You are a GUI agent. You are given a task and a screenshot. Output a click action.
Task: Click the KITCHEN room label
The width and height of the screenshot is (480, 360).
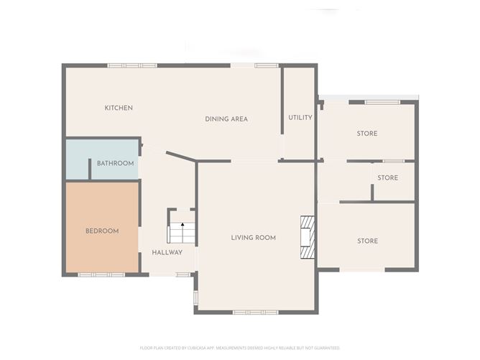coord(119,108)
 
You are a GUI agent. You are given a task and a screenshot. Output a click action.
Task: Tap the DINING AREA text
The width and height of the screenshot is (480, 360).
coord(226,119)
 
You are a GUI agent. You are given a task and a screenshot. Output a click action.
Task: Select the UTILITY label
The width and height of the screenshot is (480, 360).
coord(300,117)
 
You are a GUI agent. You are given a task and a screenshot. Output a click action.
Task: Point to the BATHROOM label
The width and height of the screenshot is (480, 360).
coord(116,163)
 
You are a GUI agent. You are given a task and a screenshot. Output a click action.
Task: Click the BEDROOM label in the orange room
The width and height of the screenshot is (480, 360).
coord(102,231)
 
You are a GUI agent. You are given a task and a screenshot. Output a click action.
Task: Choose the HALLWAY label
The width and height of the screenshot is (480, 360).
coord(167,252)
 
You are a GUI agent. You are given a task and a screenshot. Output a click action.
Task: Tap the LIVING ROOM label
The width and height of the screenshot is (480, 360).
coord(253,237)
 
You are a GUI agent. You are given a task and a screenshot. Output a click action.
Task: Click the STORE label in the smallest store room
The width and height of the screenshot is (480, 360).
coord(387,177)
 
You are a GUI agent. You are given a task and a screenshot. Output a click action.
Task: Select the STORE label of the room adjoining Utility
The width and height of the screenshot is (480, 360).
coord(367,134)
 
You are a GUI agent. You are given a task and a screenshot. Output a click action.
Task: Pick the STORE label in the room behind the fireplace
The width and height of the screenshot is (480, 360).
coord(367,241)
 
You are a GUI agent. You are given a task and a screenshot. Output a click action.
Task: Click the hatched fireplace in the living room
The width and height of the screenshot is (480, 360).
coord(308,236)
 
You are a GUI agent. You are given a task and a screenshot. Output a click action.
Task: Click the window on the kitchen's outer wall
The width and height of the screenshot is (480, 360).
coord(132,65)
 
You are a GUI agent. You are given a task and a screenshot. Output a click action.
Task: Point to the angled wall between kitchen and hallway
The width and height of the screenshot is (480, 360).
coord(180,157)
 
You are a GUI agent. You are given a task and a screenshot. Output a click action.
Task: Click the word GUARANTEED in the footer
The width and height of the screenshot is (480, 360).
coord(328,347)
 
